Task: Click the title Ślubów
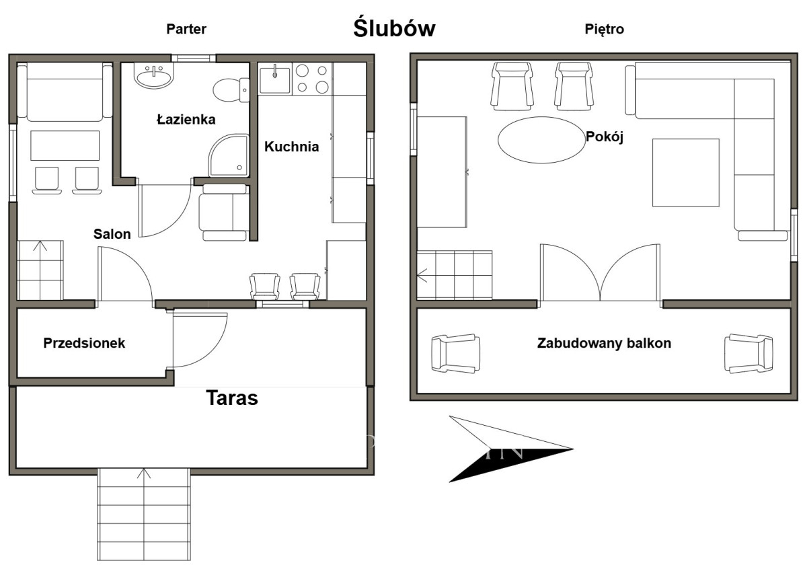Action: click(x=394, y=28)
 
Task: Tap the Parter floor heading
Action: click(x=186, y=29)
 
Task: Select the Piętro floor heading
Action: click(x=604, y=29)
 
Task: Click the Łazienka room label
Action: click(x=186, y=119)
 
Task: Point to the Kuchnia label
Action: click(x=291, y=147)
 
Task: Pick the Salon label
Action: click(x=112, y=234)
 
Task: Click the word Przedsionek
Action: click(x=84, y=343)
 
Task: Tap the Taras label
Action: click(x=232, y=398)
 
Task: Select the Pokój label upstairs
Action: click(x=605, y=137)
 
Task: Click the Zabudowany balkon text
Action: click(x=604, y=343)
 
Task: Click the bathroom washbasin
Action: click(x=154, y=75)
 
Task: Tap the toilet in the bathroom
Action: click(x=231, y=89)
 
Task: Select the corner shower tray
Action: click(x=229, y=155)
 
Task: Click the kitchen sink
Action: click(x=274, y=80)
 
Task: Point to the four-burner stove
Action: click(x=312, y=79)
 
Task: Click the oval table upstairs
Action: click(x=541, y=140)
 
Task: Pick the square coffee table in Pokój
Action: click(x=686, y=173)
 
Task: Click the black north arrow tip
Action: click(x=572, y=449)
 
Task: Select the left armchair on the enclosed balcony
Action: click(x=456, y=353)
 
